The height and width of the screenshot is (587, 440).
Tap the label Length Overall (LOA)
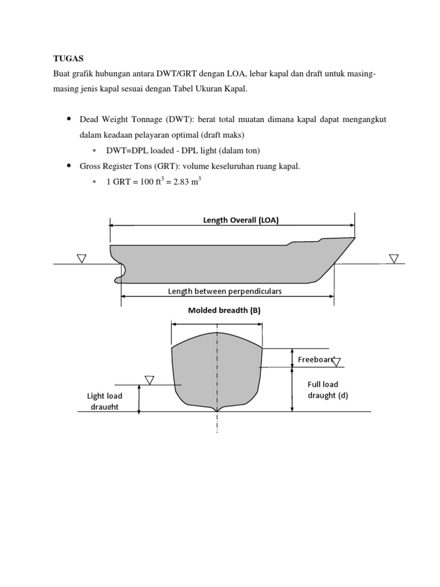click(241, 220)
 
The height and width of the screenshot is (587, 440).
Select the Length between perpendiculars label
click(225, 291)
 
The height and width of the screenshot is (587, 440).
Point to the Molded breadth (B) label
click(224, 311)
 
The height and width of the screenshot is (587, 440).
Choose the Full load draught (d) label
click(323, 390)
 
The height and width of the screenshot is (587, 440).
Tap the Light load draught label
click(104, 401)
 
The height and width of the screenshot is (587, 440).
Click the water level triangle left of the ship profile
click(81, 259)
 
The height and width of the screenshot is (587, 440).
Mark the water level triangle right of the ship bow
click(394, 259)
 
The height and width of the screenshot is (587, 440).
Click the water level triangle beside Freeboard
click(336, 362)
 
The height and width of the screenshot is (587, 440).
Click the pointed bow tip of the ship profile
click(354, 238)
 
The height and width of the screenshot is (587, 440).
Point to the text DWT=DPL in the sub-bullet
click(126, 151)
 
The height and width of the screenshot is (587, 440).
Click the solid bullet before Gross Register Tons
click(68, 166)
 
